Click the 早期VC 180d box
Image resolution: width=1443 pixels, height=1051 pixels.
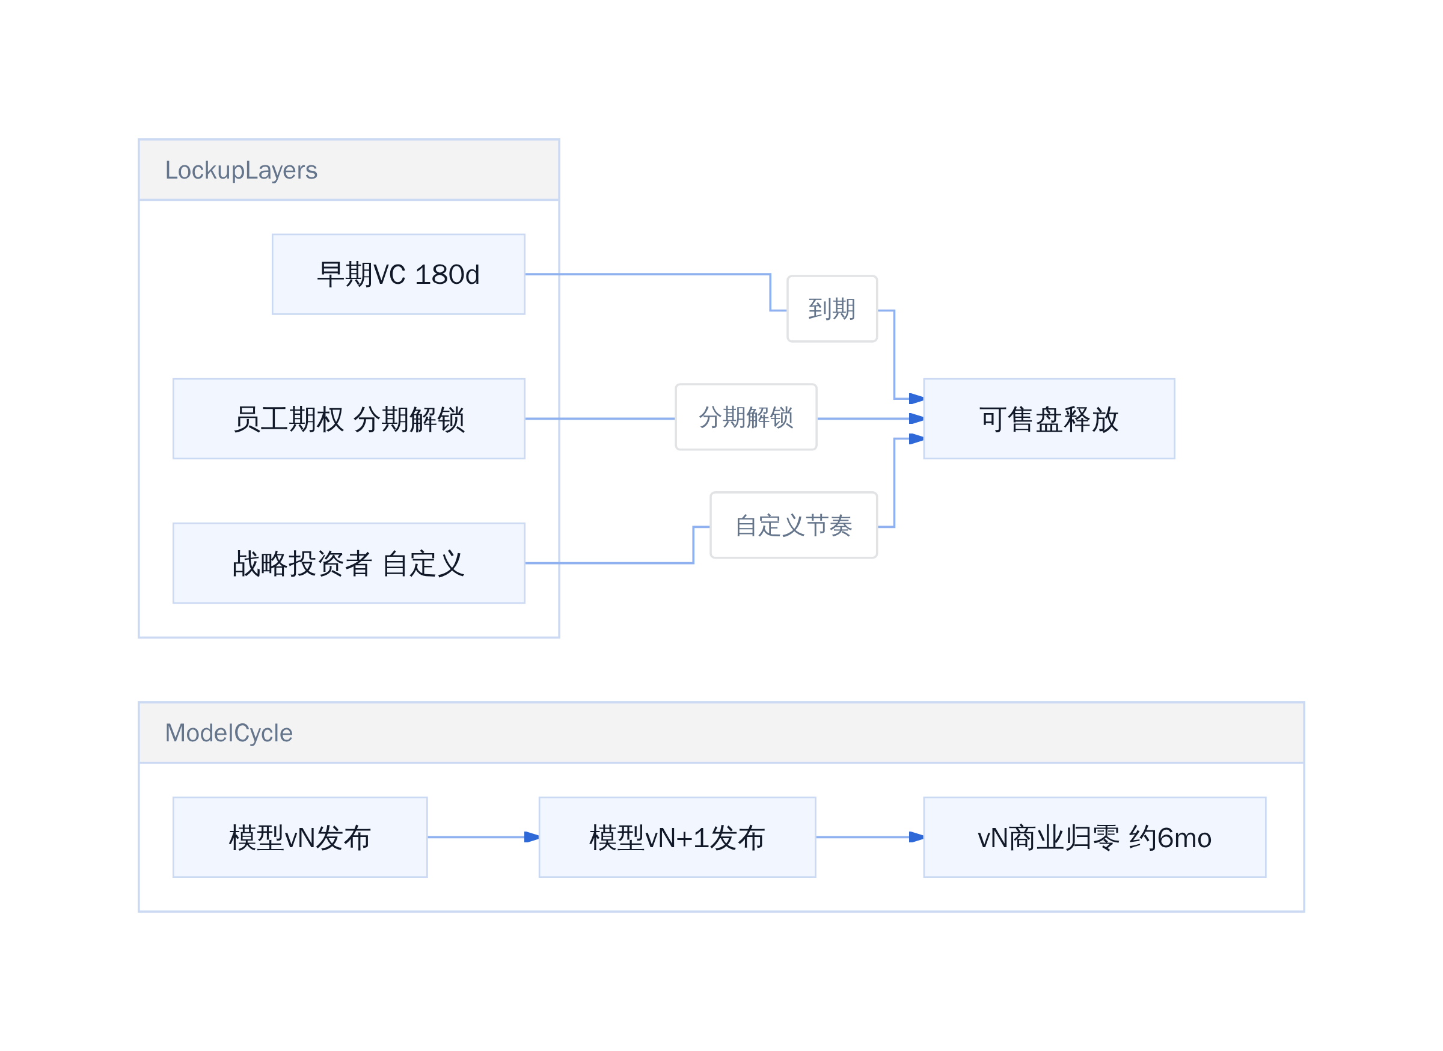pyautogui.click(x=398, y=274)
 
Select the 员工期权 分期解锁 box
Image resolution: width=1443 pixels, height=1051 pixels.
pyautogui.click(x=349, y=418)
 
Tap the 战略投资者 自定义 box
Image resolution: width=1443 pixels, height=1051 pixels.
pyautogui.click(x=349, y=563)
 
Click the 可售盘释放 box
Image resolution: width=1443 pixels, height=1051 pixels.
pyautogui.click(x=1049, y=418)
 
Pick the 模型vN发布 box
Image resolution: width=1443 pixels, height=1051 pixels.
pyautogui.click(x=300, y=837)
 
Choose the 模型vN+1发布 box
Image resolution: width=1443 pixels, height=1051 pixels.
pyautogui.click(x=678, y=837)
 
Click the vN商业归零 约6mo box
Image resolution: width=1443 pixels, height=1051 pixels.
pyautogui.click(x=1095, y=837)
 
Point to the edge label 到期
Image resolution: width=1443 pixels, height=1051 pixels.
pyautogui.click(x=832, y=309)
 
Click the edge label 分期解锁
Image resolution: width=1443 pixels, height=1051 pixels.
pyautogui.click(x=746, y=417)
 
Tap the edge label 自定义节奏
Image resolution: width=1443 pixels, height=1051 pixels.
pyautogui.click(x=794, y=525)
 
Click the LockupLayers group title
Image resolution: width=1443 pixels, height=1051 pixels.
pyautogui.click(x=241, y=170)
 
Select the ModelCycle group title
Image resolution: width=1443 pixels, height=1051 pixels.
pyautogui.click(x=229, y=733)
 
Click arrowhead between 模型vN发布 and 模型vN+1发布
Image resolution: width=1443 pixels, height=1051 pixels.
pyautogui.click(x=532, y=837)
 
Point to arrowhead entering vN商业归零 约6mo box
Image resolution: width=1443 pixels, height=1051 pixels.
pyautogui.click(x=916, y=837)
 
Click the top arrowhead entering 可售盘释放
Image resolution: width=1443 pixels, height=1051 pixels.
pyautogui.click(x=916, y=399)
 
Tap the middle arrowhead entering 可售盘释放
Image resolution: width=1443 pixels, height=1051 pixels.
pyautogui.click(x=916, y=418)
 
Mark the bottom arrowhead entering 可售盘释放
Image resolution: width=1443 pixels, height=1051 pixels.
pyautogui.click(x=916, y=439)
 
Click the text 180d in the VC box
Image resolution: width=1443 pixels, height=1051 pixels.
pyautogui.click(x=447, y=275)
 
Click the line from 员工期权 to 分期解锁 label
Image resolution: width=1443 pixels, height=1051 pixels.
pyautogui.click(x=600, y=418)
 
